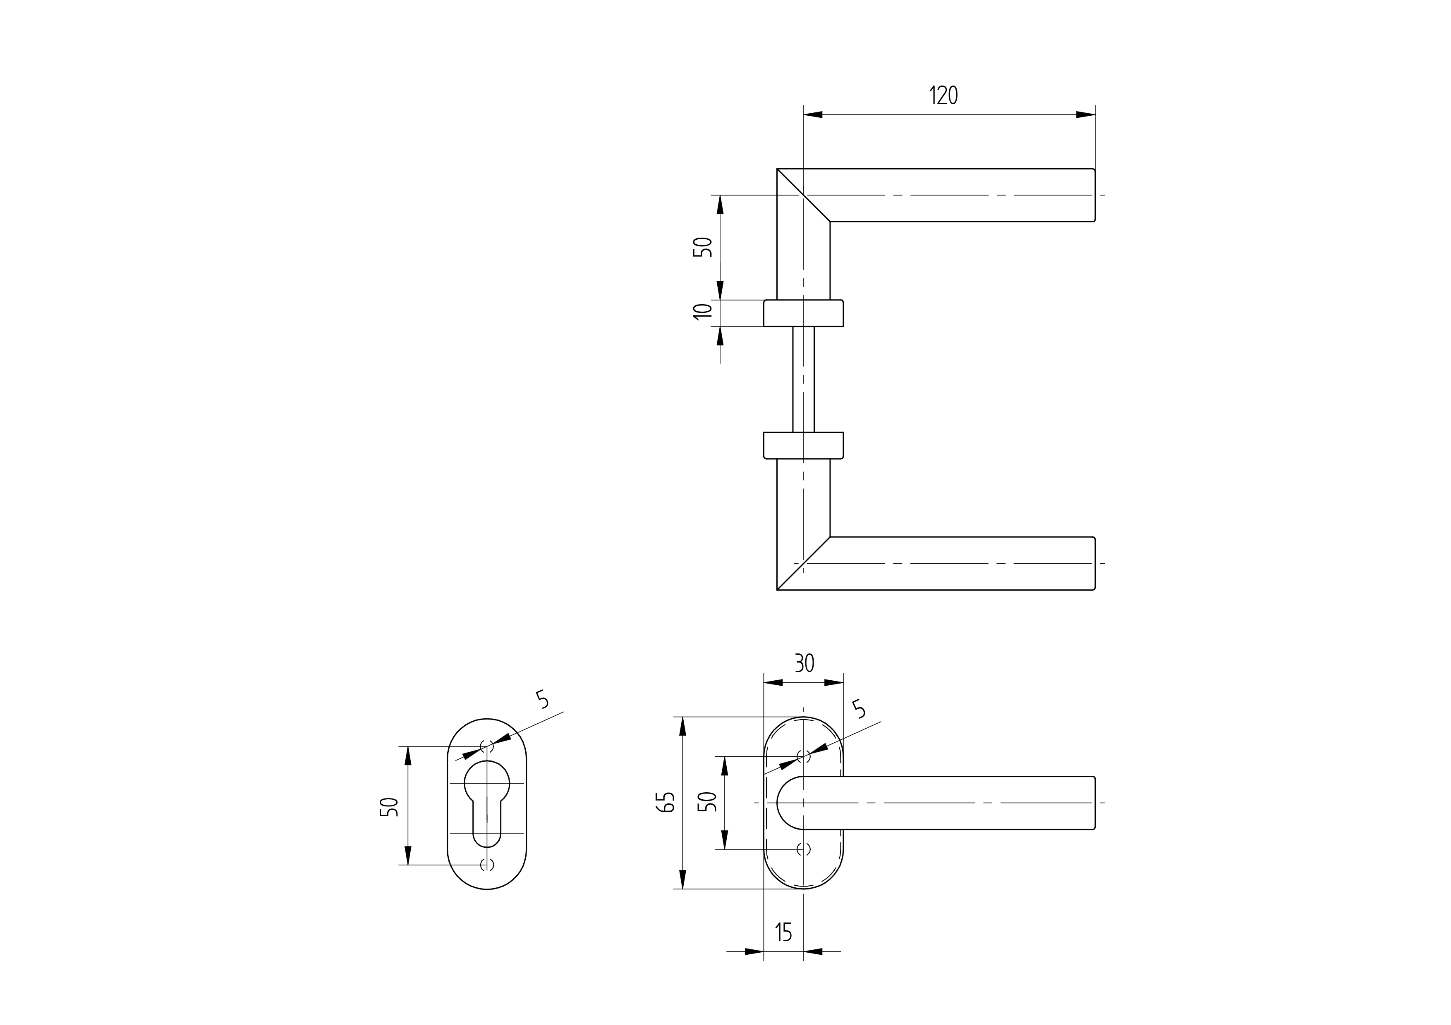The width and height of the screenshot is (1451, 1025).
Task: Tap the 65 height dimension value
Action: (x=666, y=802)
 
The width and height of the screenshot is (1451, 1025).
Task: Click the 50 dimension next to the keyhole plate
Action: (x=389, y=806)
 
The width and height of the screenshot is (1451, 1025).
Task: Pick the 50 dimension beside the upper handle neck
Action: (x=703, y=246)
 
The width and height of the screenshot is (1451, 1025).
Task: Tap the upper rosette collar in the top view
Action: (x=803, y=313)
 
